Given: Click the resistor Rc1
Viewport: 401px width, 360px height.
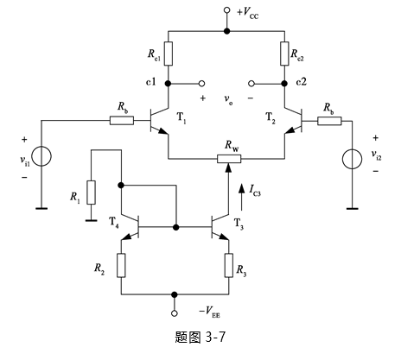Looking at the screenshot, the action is click(169, 54).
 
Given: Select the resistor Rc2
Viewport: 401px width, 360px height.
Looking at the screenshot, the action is click(284, 54).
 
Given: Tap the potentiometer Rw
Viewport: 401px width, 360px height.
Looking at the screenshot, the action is click(229, 159).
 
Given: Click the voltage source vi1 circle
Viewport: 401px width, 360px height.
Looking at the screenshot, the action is click(41, 156).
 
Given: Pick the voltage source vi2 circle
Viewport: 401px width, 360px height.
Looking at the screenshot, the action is click(352, 159).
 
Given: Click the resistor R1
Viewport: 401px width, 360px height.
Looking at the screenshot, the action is click(92, 193).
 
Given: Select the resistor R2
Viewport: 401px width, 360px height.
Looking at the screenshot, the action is click(121, 265).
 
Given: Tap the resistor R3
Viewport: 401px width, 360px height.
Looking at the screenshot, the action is click(229, 265).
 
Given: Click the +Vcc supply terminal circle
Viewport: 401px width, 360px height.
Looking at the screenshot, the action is click(227, 10).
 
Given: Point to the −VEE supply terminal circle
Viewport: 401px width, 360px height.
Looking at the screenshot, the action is click(175, 313).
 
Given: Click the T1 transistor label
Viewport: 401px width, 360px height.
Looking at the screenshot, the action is click(181, 117).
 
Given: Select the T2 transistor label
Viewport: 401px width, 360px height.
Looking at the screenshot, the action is click(271, 117).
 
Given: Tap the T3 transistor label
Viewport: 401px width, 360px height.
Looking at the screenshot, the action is click(239, 224).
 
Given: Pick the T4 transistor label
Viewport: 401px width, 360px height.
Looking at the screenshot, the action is click(113, 222).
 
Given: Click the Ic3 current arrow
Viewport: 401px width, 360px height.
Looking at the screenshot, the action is click(241, 198).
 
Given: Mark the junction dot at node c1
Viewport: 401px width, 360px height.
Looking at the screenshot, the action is click(169, 84).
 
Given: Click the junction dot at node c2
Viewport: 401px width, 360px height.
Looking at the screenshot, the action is click(284, 84).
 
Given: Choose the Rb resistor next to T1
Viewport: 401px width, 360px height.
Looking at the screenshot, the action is click(122, 121).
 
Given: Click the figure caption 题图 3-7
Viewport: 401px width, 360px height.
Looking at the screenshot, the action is click(200, 337).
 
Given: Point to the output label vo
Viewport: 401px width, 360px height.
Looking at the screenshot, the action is click(228, 99).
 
